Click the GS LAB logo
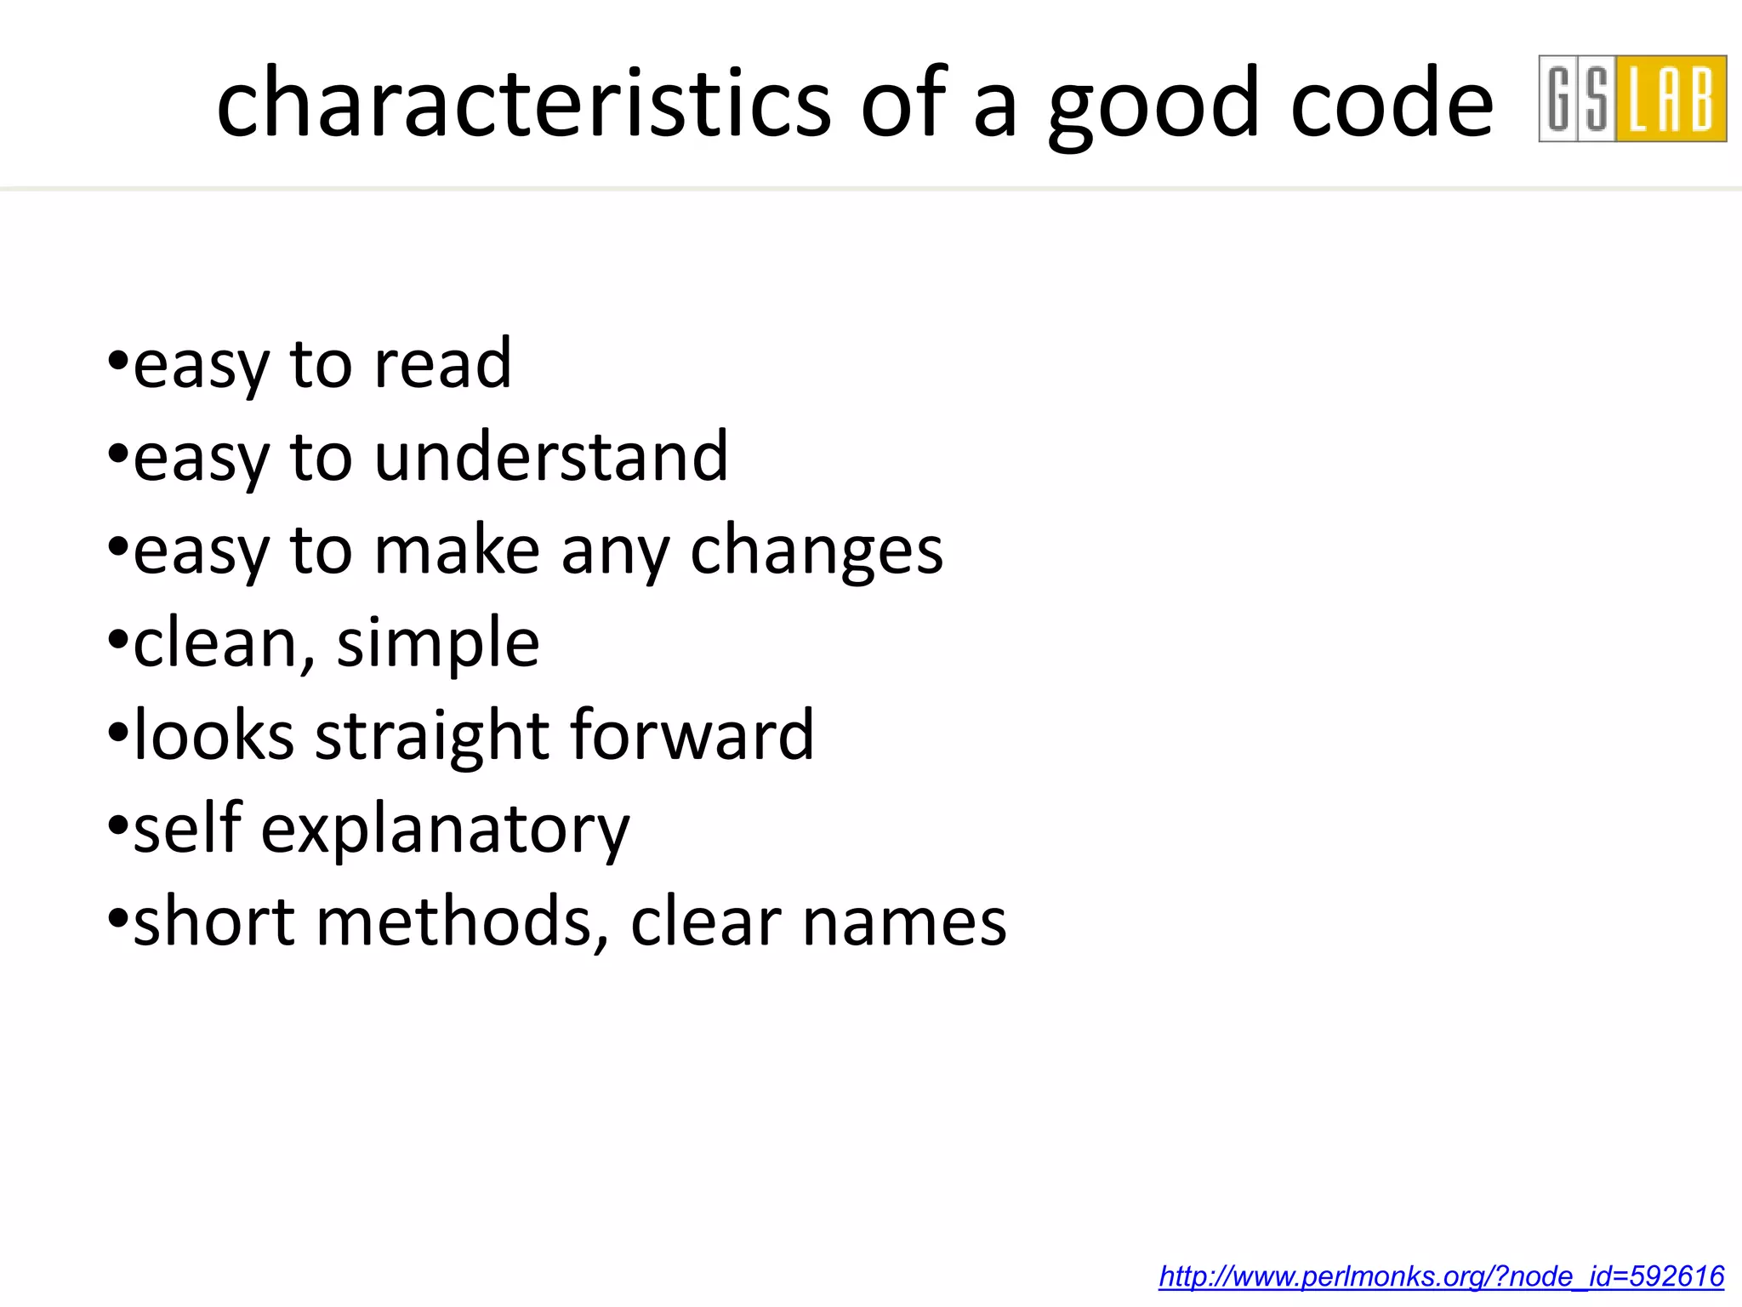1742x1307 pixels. pyautogui.click(x=1631, y=99)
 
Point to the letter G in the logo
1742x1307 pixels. pyautogui.click(x=1559, y=99)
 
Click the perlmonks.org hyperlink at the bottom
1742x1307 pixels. pyautogui.click(x=1441, y=1276)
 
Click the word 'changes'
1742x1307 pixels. pyautogui.click(x=817, y=551)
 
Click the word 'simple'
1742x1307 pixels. pyautogui.click(x=438, y=645)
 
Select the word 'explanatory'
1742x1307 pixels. pyautogui.click(x=445, y=830)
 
